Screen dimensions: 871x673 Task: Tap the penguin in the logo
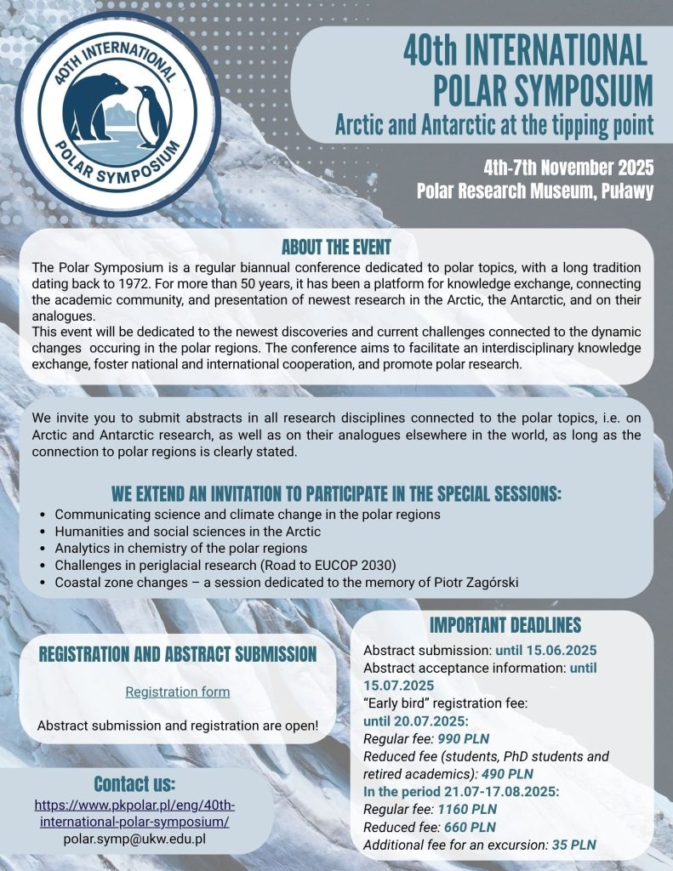click(x=148, y=115)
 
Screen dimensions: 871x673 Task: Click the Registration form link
click(x=178, y=692)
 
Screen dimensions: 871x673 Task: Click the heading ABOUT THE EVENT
click(x=336, y=248)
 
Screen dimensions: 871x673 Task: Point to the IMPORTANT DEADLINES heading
click(x=505, y=625)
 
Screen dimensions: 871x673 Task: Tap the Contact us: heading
click(x=134, y=783)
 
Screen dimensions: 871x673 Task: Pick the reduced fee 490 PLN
click(x=507, y=773)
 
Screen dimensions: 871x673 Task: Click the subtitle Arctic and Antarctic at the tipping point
click(x=493, y=126)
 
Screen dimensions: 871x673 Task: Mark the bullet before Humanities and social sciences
click(x=43, y=532)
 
